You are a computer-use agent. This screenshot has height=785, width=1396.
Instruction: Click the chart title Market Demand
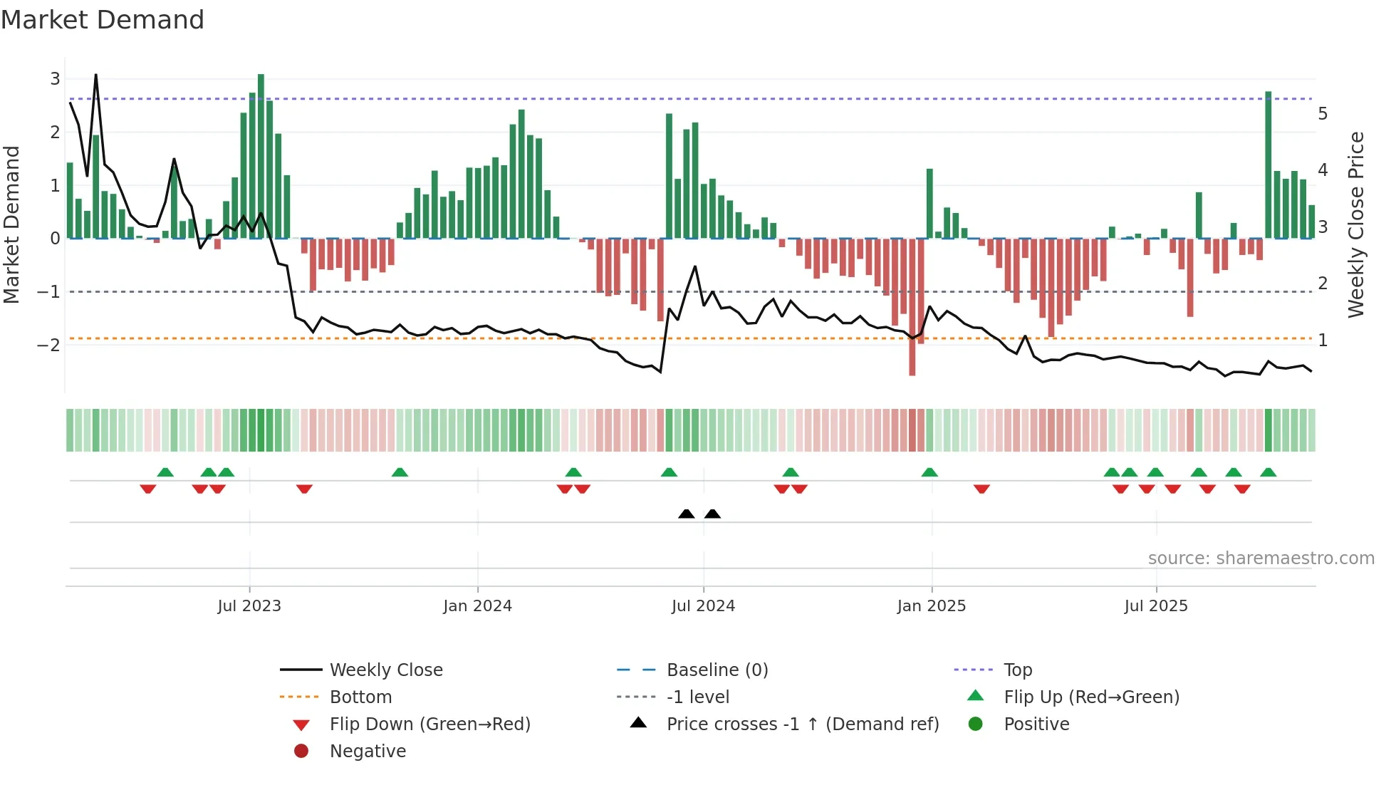click(x=103, y=20)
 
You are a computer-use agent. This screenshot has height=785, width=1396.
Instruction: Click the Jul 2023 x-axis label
click(x=249, y=606)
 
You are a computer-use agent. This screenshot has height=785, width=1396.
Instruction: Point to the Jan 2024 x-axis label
click(x=477, y=606)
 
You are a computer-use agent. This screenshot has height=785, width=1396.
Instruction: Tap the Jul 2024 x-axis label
click(x=703, y=606)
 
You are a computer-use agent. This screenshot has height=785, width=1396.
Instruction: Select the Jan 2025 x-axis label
click(x=931, y=606)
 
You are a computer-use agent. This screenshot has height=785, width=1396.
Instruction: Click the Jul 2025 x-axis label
click(x=1156, y=606)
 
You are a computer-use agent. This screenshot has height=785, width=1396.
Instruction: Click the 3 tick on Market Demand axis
click(x=55, y=79)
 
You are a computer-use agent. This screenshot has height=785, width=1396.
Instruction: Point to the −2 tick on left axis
click(x=49, y=345)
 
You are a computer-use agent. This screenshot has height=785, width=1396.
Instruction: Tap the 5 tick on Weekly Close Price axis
click(x=1323, y=114)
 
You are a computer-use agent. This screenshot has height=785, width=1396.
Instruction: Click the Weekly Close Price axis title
click(x=1356, y=224)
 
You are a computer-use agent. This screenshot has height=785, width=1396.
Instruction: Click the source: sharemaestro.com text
click(x=1261, y=558)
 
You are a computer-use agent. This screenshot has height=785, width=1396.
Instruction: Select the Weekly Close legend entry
click(x=385, y=670)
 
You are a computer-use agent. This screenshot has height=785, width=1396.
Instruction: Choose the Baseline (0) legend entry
click(x=717, y=670)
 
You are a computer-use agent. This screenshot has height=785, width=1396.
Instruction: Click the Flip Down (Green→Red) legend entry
click(x=429, y=724)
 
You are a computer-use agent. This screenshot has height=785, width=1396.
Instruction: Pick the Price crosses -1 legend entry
click(x=802, y=724)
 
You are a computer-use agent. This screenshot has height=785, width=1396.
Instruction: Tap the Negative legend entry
click(x=368, y=752)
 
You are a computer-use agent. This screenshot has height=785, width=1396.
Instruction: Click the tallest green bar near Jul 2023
click(x=261, y=157)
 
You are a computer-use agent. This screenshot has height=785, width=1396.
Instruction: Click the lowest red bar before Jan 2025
click(x=912, y=306)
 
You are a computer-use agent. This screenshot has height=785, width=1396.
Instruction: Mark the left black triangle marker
click(x=687, y=514)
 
